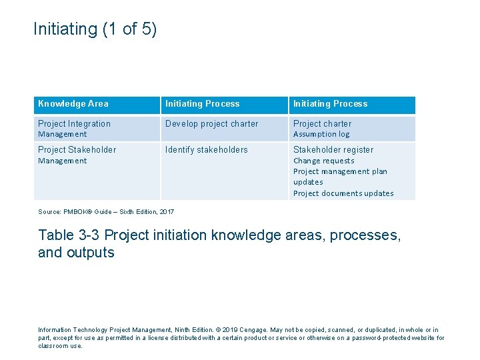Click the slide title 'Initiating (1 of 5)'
pos(95,29)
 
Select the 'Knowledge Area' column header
pos(73,104)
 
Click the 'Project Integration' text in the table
pos(75,123)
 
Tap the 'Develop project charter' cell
pos(211,123)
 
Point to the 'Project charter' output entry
pos(322,123)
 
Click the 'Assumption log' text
pos(321,134)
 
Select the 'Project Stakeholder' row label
pos(77,149)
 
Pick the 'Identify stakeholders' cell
pos(206,149)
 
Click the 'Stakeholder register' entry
pos(333,149)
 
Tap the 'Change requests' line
pos(324,161)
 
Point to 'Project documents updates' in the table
pos(343,193)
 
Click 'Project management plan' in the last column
pos(340,171)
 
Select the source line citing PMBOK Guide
pos(106,212)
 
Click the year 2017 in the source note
pos(166,212)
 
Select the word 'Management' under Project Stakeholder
pos(62,161)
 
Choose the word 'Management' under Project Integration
pos(62,134)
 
